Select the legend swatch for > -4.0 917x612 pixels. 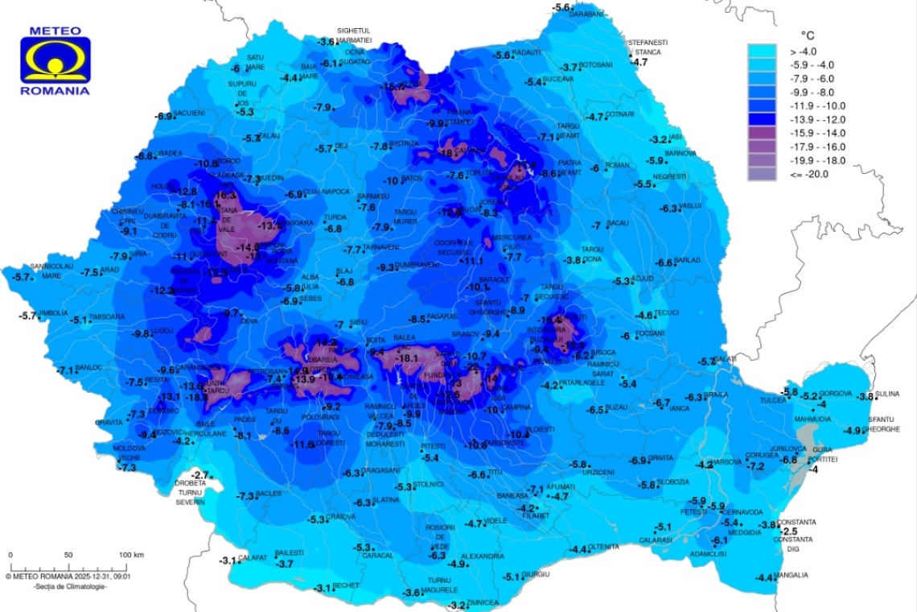[x=762, y=51]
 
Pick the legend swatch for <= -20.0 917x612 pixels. [x=762, y=174]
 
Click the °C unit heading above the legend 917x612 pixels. [x=808, y=35]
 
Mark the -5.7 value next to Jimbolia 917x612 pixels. [x=29, y=316]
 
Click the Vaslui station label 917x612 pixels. [x=690, y=206]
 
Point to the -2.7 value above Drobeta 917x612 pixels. [x=199, y=475]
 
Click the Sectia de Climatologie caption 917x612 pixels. [x=70, y=586]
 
